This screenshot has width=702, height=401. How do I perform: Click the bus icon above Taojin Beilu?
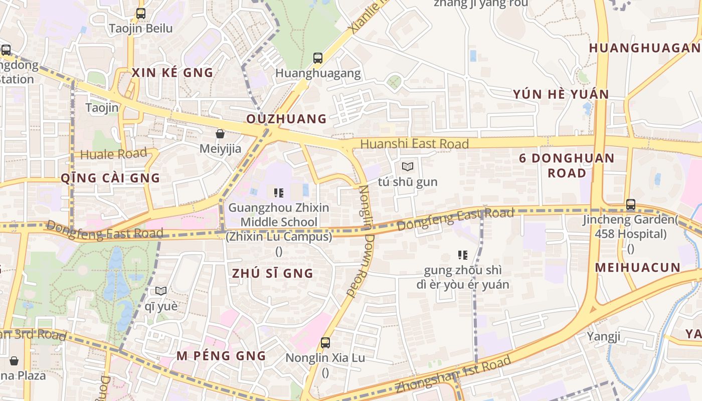[141, 14]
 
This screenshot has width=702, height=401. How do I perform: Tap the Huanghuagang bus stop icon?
[318, 58]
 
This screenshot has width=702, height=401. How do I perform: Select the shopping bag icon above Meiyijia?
[220, 134]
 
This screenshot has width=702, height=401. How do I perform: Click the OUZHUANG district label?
[286, 119]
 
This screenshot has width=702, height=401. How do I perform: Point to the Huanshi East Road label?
[414, 144]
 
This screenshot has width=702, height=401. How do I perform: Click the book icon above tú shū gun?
[408, 167]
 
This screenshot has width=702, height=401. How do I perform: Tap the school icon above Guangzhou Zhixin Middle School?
[279, 192]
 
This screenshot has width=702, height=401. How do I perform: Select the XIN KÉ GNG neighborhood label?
[172, 73]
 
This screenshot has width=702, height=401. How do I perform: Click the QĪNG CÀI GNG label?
[110, 178]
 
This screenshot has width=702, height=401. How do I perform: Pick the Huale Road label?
[114, 154]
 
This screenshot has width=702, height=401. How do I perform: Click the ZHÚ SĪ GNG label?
[272, 273]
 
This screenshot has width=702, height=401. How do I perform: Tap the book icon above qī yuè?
[161, 291]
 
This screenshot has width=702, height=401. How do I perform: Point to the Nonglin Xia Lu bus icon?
[325, 343]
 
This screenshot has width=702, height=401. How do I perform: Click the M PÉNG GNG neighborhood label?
[221, 356]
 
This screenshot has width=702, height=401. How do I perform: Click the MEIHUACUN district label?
[637, 267]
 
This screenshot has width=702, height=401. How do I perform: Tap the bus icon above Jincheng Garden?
[631, 205]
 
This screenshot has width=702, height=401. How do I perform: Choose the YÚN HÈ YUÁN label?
[561, 94]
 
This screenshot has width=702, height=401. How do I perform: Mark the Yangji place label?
[604, 336]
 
